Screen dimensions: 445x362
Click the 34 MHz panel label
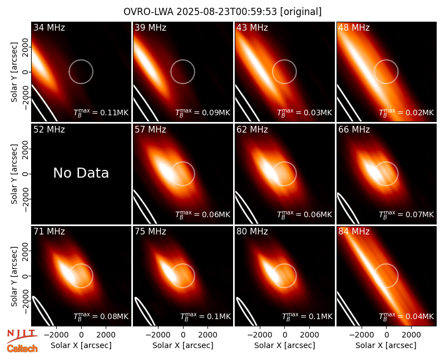[x=49, y=27]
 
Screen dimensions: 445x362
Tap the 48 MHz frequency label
[x=354, y=27]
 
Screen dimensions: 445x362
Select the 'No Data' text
[x=81, y=173]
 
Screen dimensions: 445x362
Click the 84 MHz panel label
[x=354, y=231]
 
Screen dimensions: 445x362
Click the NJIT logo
[x=22, y=335]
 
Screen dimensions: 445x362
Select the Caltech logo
[x=22, y=349]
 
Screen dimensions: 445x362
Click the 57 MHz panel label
[x=150, y=130]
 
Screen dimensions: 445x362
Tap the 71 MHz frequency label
[x=49, y=231]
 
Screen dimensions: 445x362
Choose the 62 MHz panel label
[x=253, y=130]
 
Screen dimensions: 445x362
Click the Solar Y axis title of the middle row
[x=14, y=174]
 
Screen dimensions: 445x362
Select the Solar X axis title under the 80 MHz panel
[x=285, y=345]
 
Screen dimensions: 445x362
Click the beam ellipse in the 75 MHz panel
[x=145, y=312]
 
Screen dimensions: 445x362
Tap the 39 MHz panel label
[x=150, y=27]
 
